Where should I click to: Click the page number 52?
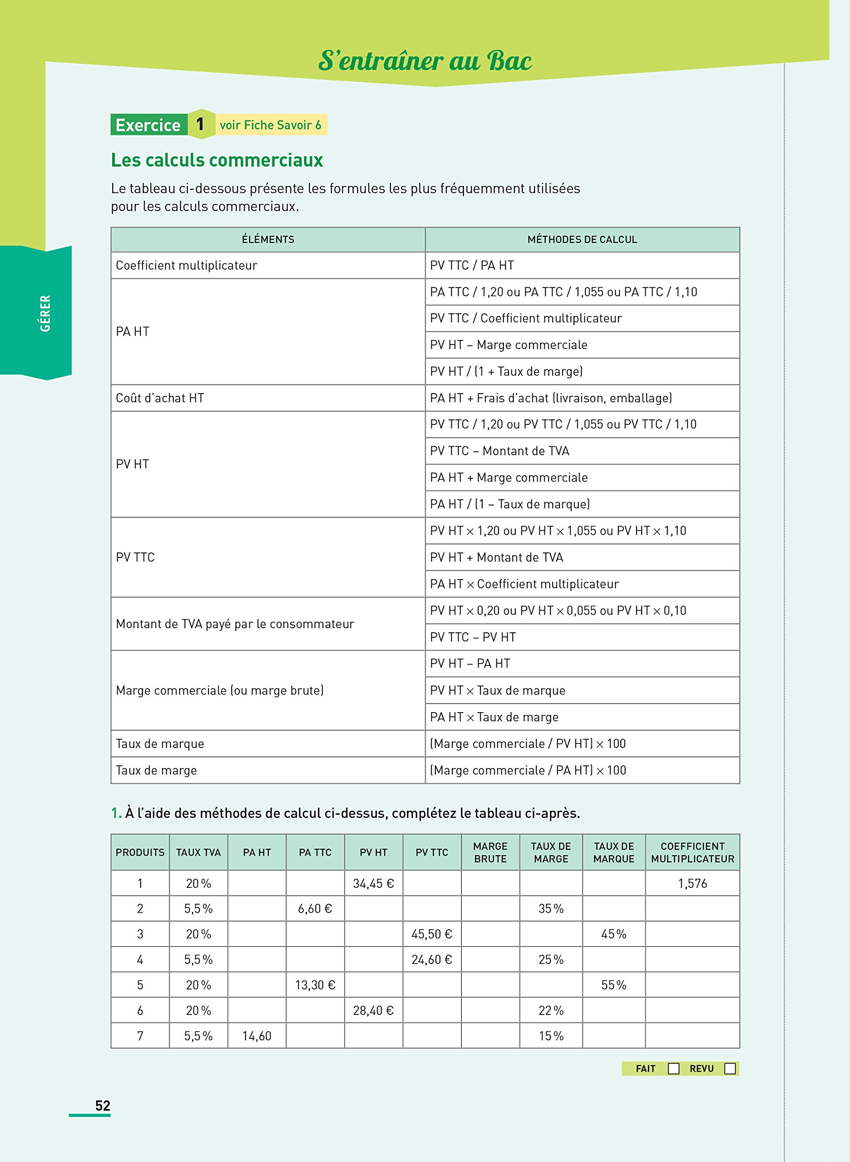103,1105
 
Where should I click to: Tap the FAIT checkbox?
673,1068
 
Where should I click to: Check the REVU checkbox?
729,1068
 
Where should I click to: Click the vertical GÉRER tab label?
45,313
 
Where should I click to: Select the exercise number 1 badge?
200,124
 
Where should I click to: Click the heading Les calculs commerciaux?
217,160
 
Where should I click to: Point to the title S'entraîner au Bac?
425,61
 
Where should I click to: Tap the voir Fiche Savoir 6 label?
270,125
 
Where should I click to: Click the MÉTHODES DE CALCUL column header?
582,239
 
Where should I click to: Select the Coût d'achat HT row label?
160,398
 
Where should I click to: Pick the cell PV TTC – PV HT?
473,637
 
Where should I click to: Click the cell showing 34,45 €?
373,883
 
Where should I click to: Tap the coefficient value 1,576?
692,883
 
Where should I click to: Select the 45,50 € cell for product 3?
432,934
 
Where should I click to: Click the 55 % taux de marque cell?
613,985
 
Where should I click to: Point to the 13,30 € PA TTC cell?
315,985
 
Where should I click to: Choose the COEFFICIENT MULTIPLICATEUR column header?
692,852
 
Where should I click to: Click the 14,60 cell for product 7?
257,1035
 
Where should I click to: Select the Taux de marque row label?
160,743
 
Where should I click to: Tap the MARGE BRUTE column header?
490,852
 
